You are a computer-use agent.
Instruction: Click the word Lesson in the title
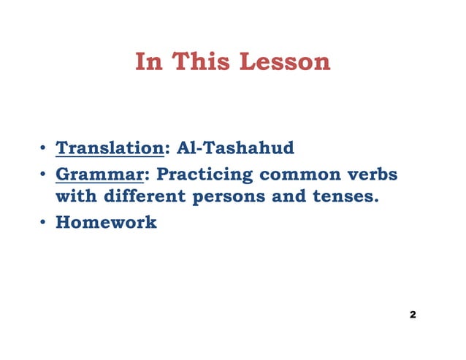tap(288, 62)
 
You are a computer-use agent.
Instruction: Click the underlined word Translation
tap(110, 149)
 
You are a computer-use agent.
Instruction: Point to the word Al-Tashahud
tap(236, 149)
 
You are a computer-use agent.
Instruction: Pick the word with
tap(77, 197)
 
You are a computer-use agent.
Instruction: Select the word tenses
tap(344, 197)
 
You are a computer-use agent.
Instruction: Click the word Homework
tap(106, 222)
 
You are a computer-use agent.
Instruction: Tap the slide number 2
tap(413, 315)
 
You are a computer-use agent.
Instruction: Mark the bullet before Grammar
tap(43, 176)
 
